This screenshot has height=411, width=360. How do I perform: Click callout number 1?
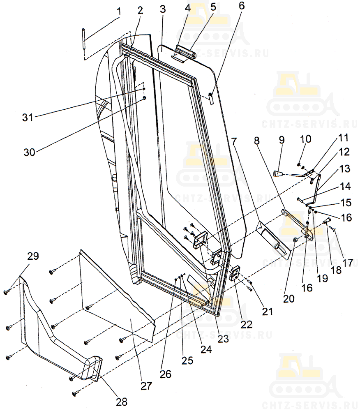click(x=119, y=11)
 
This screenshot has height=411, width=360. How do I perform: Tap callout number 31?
click(x=28, y=118)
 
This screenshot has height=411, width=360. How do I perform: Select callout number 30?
click(x=29, y=152)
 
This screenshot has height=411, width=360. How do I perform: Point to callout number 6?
click(x=241, y=5)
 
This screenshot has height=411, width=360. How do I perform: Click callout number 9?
click(x=282, y=140)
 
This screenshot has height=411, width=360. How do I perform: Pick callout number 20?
click(x=289, y=298)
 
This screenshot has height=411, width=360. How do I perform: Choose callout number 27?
click(x=146, y=386)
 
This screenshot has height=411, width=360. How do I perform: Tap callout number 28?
click(x=122, y=402)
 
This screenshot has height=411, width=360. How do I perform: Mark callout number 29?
click(x=33, y=256)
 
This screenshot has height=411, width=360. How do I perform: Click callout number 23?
click(x=223, y=339)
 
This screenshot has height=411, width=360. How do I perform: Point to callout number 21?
click(x=267, y=312)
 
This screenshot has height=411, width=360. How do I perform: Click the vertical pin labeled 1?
click(x=83, y=39)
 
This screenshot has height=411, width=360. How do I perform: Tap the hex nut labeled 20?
click(x=295, y=239)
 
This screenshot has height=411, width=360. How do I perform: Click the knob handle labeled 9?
click(x=278, y=173)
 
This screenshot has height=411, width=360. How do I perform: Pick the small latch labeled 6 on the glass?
click(x=211, y=98)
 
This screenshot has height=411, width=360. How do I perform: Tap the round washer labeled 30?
click(x=144, y=98)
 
